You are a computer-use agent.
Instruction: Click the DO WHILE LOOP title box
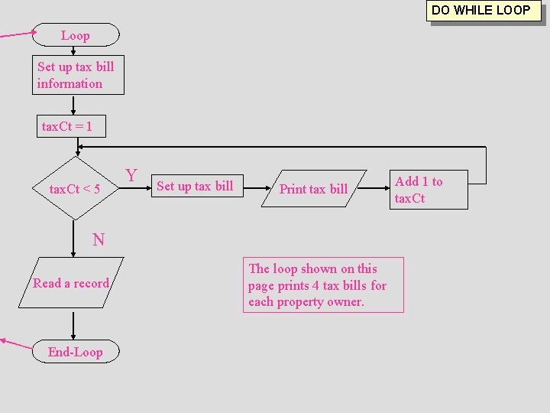click(x=481, y=11)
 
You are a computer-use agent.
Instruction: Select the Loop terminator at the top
click(x=75, y=35)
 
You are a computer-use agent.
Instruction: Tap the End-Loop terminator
click(x=75, y=352)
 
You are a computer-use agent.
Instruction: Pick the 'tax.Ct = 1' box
click(x=70, y=126)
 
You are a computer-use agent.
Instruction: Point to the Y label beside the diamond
click(x=131, y=176)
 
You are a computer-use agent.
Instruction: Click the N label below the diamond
click(x=98, y=240)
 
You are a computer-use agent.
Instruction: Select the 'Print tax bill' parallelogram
click(x=313, y=188)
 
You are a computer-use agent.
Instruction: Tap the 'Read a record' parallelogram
click(x=71, y=283)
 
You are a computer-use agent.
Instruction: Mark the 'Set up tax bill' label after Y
click(x=195, y=186)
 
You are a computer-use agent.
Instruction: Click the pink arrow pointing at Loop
click(x=17, y=34)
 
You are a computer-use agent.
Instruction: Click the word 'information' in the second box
click(x=70, y=83)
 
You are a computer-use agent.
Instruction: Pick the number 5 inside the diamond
click(x=96, y=189)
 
